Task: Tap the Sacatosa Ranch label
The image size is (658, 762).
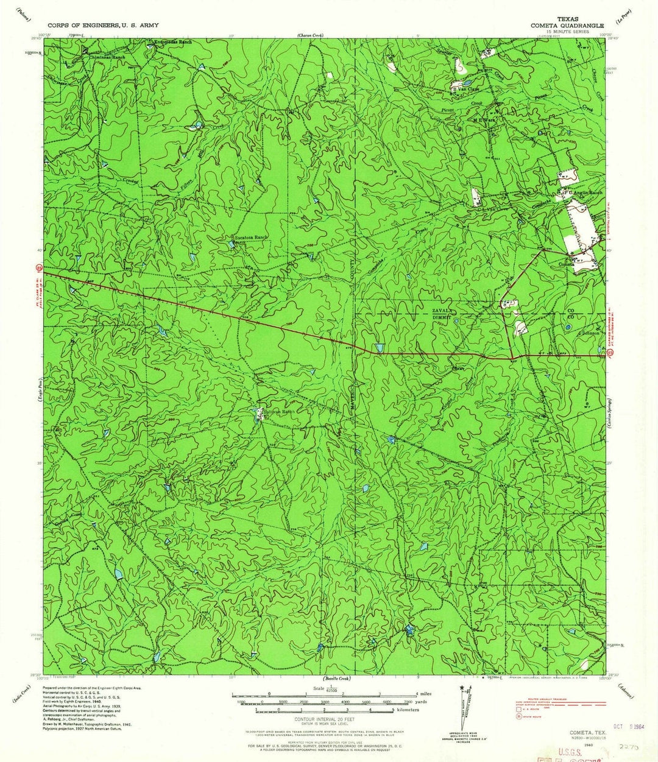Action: tap(252, 237)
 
